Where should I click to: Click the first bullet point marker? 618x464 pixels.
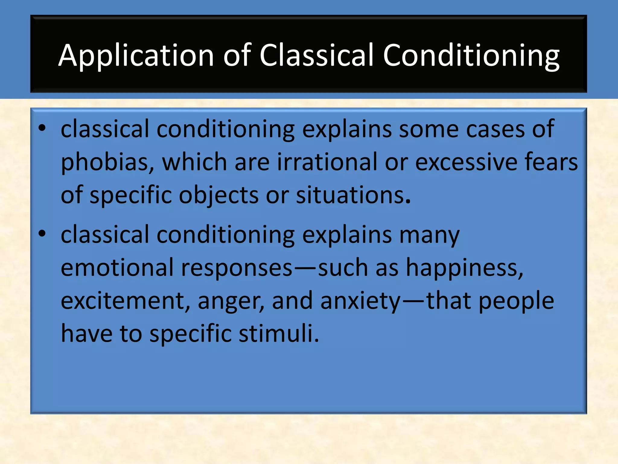click(42, 128)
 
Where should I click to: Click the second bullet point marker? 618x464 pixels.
click(42, 234)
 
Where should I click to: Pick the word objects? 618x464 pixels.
click(218, 195)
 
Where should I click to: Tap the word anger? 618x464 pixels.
click(231, 301)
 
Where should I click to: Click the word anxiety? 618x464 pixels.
click(360, 301)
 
